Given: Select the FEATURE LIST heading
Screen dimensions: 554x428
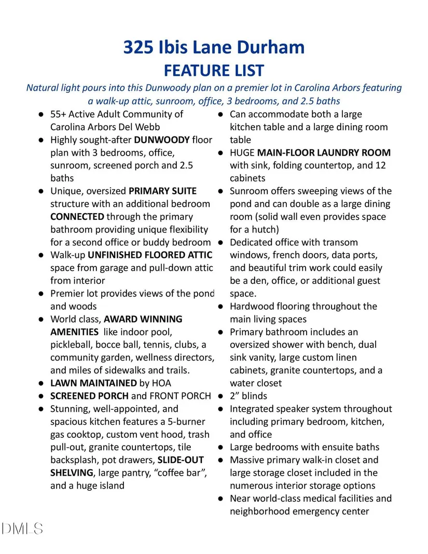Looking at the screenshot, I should [214, 70].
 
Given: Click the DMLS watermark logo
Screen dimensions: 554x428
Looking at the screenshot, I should [22, 529].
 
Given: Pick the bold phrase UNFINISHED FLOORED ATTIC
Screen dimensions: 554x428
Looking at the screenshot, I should [150, 255].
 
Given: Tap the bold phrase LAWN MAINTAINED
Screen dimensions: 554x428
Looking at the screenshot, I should [93, 383].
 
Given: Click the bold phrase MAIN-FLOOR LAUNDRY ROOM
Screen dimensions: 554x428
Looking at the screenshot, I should [324, 153].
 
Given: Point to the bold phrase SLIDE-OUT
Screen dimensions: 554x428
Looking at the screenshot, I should [181, 460].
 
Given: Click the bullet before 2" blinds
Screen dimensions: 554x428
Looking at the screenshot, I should [220, 396].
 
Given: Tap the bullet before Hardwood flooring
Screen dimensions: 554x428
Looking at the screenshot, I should [220, 307].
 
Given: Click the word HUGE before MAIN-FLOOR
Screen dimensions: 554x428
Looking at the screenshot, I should [242, 153].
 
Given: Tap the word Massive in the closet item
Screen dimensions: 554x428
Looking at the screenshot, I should [248, 460].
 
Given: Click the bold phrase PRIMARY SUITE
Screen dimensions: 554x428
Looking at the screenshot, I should [162, 191].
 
